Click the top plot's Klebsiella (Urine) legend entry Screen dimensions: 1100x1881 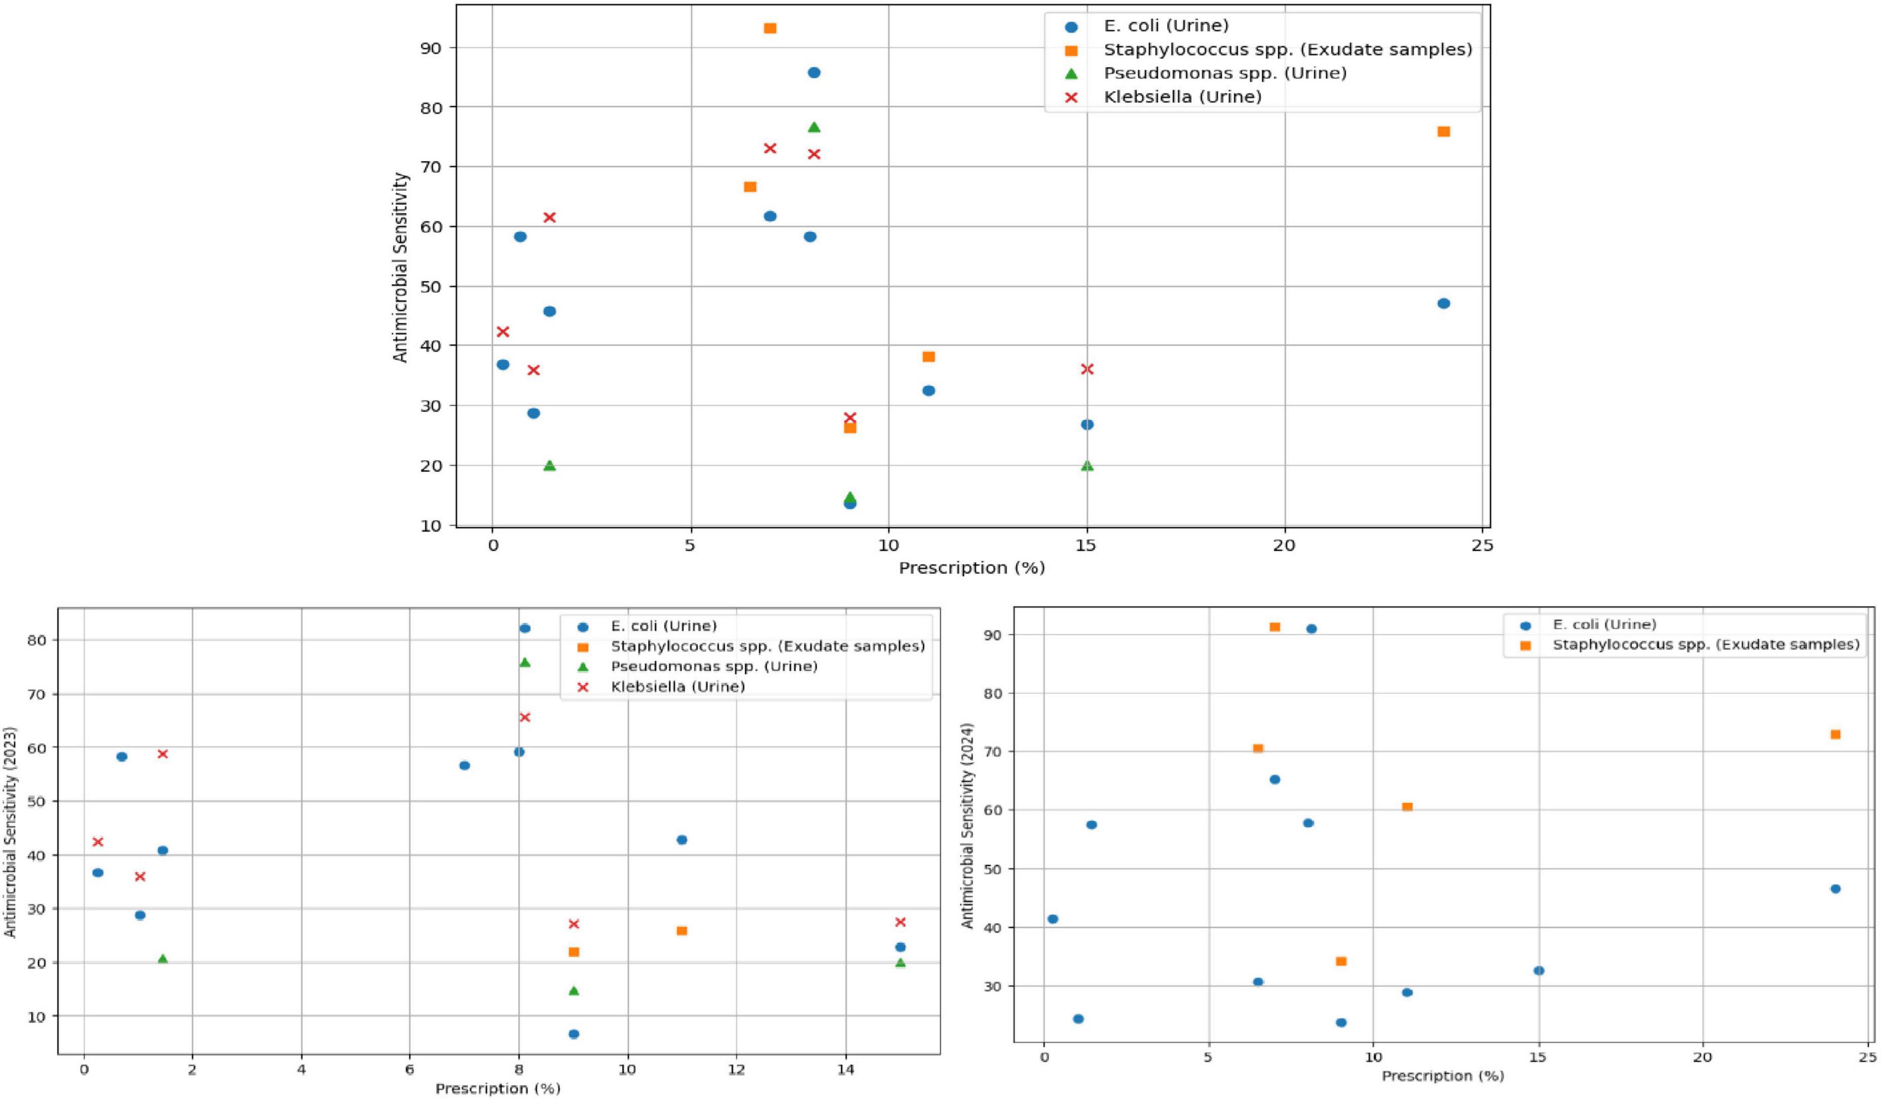[1183, 96]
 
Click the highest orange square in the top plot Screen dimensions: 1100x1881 [770, 28]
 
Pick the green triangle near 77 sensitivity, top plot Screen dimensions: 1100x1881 [814, 127]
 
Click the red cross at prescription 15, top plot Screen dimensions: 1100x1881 [1087, 369]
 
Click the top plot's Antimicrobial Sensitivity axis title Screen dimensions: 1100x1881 [401, 267]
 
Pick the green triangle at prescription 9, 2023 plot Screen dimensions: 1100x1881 [573, 990]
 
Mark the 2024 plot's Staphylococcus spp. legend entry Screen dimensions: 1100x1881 [1705, 645]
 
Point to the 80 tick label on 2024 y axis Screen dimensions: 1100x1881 [995, 693]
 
